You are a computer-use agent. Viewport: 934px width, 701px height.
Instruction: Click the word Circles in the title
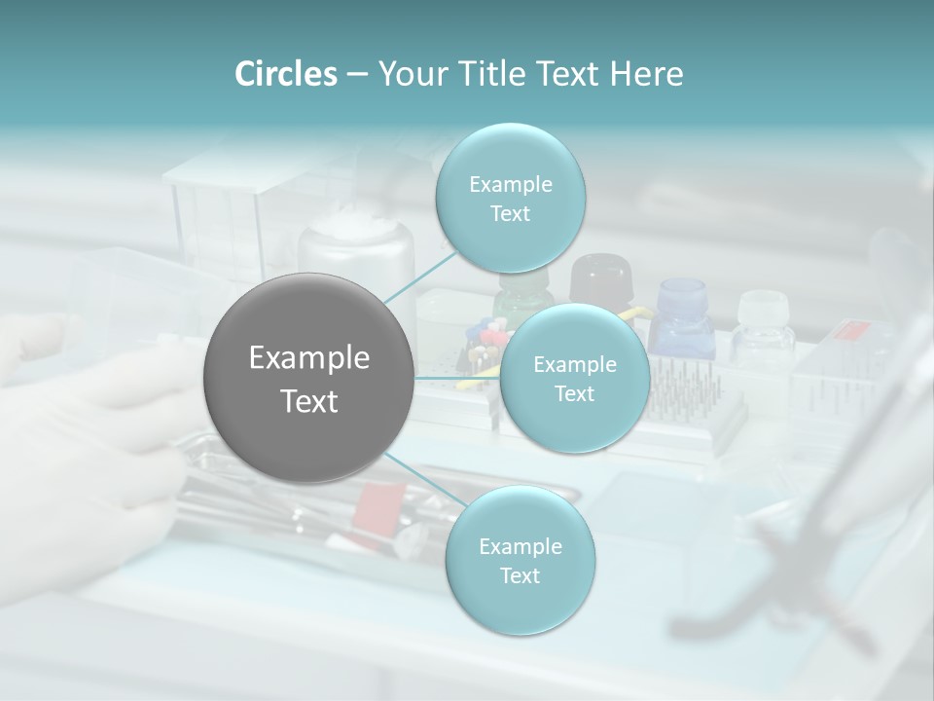click(x=285, y=74)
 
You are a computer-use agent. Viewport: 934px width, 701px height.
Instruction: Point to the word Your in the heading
click(x=409, y=74)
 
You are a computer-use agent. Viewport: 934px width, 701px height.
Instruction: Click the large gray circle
click(x=308, y=378)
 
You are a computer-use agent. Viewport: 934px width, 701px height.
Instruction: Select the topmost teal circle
click(x=510, y=198)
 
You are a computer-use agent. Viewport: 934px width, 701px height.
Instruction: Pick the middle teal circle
click(x=575, y=378)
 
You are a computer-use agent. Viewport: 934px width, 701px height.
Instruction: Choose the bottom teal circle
click(x=520, y=560)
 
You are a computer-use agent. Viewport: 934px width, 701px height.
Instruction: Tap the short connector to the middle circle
click(x=456, y=377)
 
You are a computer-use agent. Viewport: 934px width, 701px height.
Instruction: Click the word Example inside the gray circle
click(x=309, y=358)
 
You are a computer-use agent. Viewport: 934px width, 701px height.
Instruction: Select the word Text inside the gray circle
click(x=309, y=401)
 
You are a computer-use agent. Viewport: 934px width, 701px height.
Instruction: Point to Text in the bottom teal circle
click(x=520, y=575)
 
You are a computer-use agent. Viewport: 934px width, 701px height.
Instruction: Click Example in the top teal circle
click(x=511, y=184)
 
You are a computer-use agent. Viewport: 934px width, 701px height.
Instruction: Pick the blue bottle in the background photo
click(x=682, y=316)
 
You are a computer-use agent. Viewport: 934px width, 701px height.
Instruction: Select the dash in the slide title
click(x=356, y=75)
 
